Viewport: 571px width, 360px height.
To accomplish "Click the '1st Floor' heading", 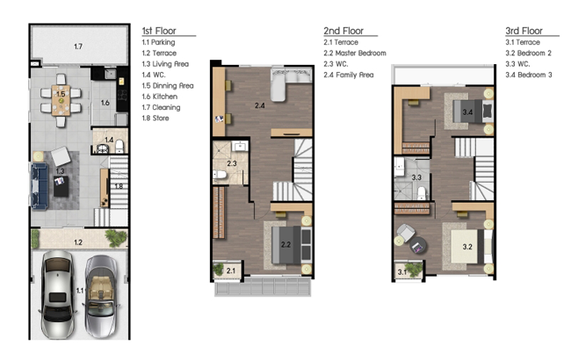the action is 159,31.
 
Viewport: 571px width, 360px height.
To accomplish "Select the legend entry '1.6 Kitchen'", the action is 160,97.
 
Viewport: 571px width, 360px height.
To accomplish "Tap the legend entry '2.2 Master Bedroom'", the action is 355,54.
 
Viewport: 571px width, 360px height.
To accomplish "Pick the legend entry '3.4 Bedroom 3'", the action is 528,75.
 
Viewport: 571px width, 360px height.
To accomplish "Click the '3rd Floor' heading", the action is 524,31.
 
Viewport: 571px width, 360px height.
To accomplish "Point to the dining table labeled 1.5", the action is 61,100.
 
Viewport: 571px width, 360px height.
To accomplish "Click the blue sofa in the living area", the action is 40,186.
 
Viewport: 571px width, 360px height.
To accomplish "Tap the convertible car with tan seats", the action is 101,296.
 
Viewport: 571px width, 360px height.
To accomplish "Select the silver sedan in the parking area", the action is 57,294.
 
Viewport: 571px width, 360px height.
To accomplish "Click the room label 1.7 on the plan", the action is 78,47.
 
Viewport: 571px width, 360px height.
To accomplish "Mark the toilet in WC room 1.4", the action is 119,147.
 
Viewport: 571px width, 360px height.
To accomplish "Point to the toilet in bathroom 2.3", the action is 220,175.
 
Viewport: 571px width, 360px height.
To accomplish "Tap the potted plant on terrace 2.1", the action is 218,270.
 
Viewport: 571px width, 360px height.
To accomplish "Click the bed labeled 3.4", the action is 473,111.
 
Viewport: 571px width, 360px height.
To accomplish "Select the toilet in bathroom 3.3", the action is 422,193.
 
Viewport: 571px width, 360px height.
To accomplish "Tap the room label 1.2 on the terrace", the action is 78,242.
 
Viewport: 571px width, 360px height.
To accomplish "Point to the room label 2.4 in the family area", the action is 260,105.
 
